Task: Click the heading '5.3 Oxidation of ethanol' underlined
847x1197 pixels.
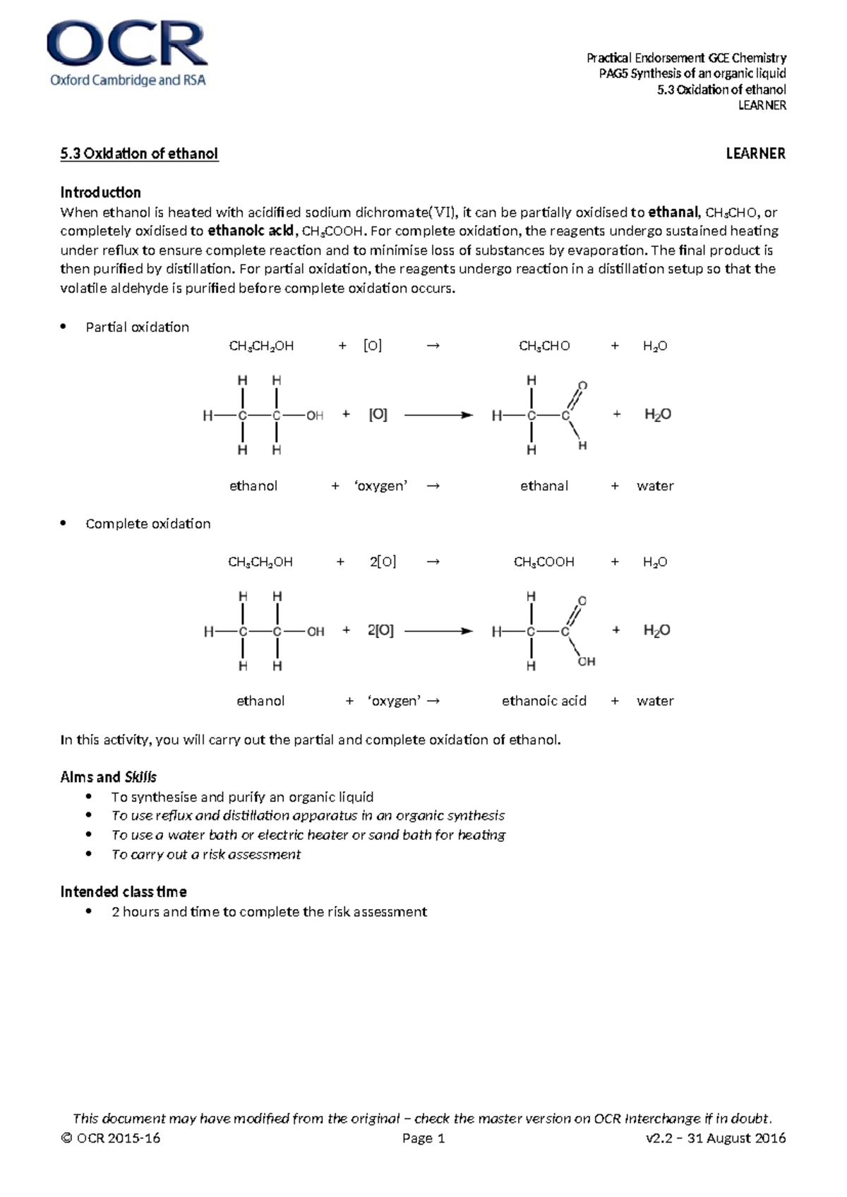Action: click(x=139, y=154)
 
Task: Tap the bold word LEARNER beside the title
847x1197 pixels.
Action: click(x=755, y=154)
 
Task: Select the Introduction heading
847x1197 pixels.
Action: click(x=100, y=193)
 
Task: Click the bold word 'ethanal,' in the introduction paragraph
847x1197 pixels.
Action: click(x=673, y=212)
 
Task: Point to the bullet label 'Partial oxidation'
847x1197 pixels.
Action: click(x=137, y=327)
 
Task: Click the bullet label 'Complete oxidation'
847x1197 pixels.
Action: click(x=148, y=524)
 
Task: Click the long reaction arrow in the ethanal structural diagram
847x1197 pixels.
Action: click(x=438, y=415)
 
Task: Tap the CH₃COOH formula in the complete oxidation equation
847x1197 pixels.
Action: click(x=543, y=563)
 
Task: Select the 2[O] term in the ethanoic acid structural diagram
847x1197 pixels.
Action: click(x=380, y=630)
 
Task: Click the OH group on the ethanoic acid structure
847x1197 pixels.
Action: click(x=587, y=661)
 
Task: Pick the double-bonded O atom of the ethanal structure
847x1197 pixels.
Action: click(x=582, y=385)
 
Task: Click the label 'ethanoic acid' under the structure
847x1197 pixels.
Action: click(x=543, y=701)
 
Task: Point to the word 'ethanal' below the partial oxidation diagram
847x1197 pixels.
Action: click(x=543, y=486)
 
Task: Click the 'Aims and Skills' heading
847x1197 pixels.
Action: click(x=108, y=777)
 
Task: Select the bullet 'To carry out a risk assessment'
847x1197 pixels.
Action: click(x=205, y=855)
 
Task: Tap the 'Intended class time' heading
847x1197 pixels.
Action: click(x=124, y=892)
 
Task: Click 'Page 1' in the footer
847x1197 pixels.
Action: click(x=423, y=1138)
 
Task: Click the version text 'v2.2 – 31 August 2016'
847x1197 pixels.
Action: click(x=715, y=1138)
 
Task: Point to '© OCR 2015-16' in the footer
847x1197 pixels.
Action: click(x=111, y=1138)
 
